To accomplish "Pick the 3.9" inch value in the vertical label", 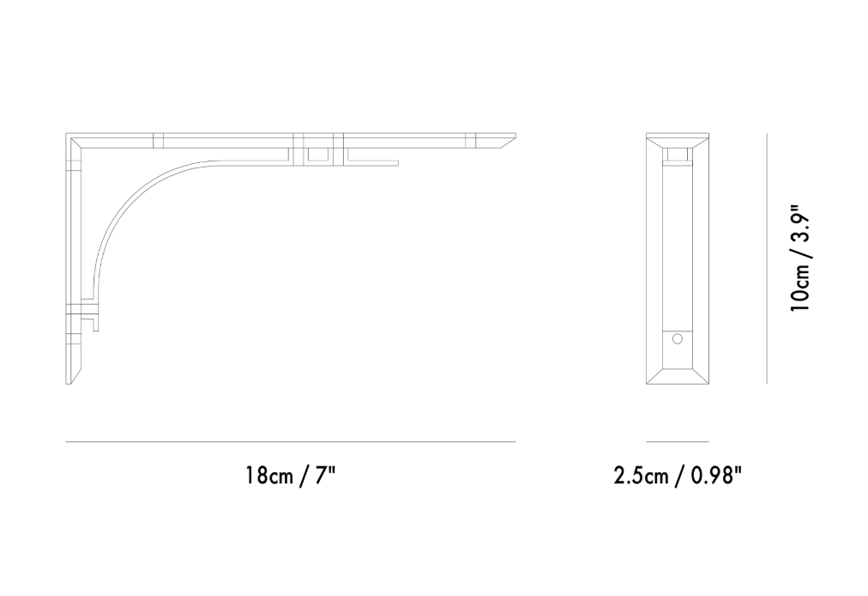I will coord(799,225).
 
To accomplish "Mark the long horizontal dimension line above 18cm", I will coord(291,441).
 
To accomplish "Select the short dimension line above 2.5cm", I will coord(677,441).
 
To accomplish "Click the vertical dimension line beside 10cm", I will coord(767,258).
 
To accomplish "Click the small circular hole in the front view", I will coord(677,340).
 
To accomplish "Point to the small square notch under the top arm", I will coord(317,155).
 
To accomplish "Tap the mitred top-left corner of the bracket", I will coord(72,139).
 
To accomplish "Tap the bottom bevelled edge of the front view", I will coord(677,375).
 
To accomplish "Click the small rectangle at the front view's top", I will coord(678,155).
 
